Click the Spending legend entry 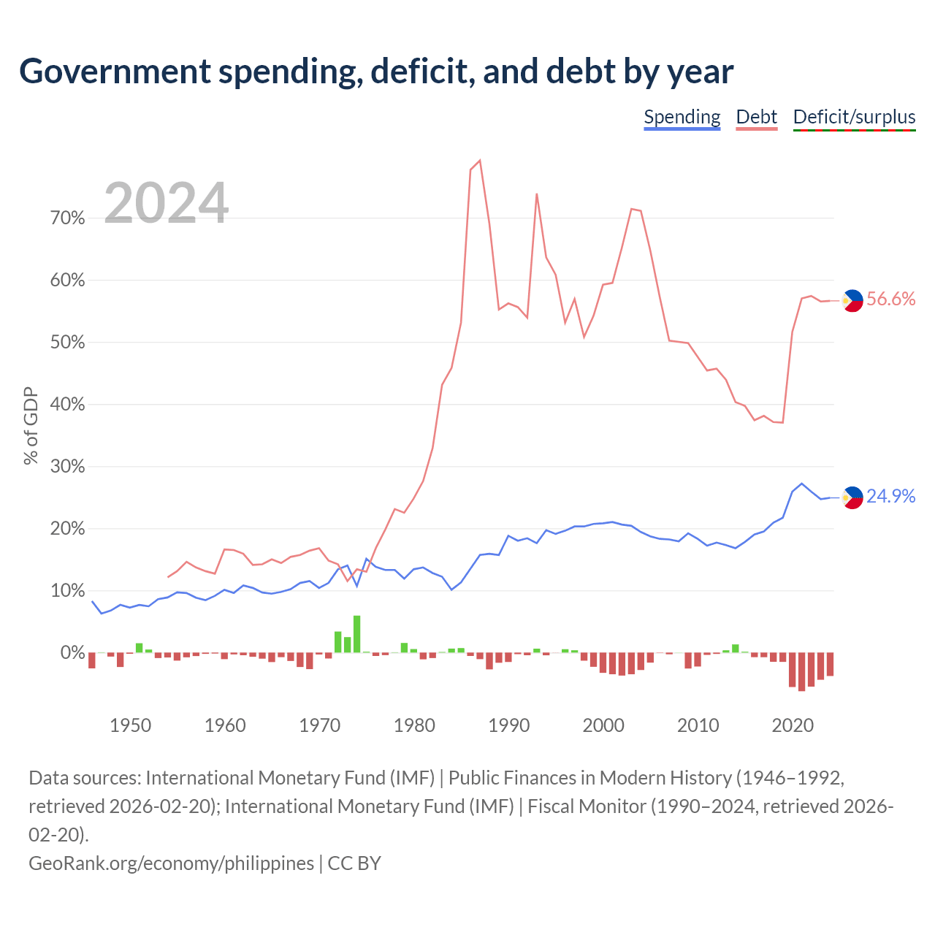682,117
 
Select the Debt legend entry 757,117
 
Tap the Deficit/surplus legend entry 854,117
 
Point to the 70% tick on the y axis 67,218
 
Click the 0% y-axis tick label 73,652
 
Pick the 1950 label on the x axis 131,725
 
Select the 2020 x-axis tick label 793,725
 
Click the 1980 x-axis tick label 414,725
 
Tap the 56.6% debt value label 891,299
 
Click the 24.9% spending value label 891,496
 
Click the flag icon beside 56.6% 852,301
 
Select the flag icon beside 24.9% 852,498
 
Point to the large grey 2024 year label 167,202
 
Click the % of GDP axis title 31,426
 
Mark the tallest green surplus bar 356,634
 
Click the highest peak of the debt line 479,161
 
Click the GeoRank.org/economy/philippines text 171,864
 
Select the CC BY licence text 354,864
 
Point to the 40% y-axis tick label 67,404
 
